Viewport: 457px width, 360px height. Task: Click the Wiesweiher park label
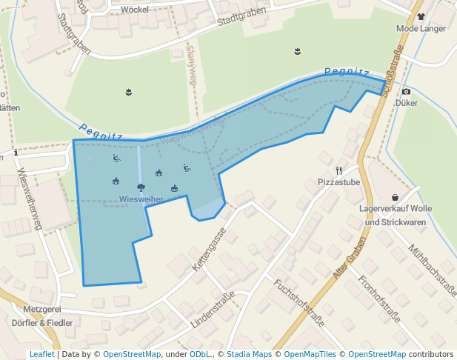coord(141,199)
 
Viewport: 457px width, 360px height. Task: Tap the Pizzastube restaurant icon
coord(339,170)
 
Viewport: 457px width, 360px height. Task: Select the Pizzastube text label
coord(338,182)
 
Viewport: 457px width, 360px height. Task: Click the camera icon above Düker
coord(406,92)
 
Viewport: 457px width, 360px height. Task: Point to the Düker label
coord(407,104)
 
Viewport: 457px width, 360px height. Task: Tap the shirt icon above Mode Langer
coord(421,16)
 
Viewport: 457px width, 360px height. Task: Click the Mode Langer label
coord(421,29)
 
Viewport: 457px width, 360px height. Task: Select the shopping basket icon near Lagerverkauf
coord(396,197)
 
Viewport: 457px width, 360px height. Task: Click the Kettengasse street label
coord(209,249)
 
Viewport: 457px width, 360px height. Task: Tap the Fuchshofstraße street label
coord(299,302)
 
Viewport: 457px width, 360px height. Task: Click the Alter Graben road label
coord(350,259)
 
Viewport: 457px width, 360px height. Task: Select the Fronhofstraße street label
coord(379,299)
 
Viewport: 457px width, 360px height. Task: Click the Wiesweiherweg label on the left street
coord(27,198)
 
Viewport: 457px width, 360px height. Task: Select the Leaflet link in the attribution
coord(41,354)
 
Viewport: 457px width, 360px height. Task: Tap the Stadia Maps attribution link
coord(249,354)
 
